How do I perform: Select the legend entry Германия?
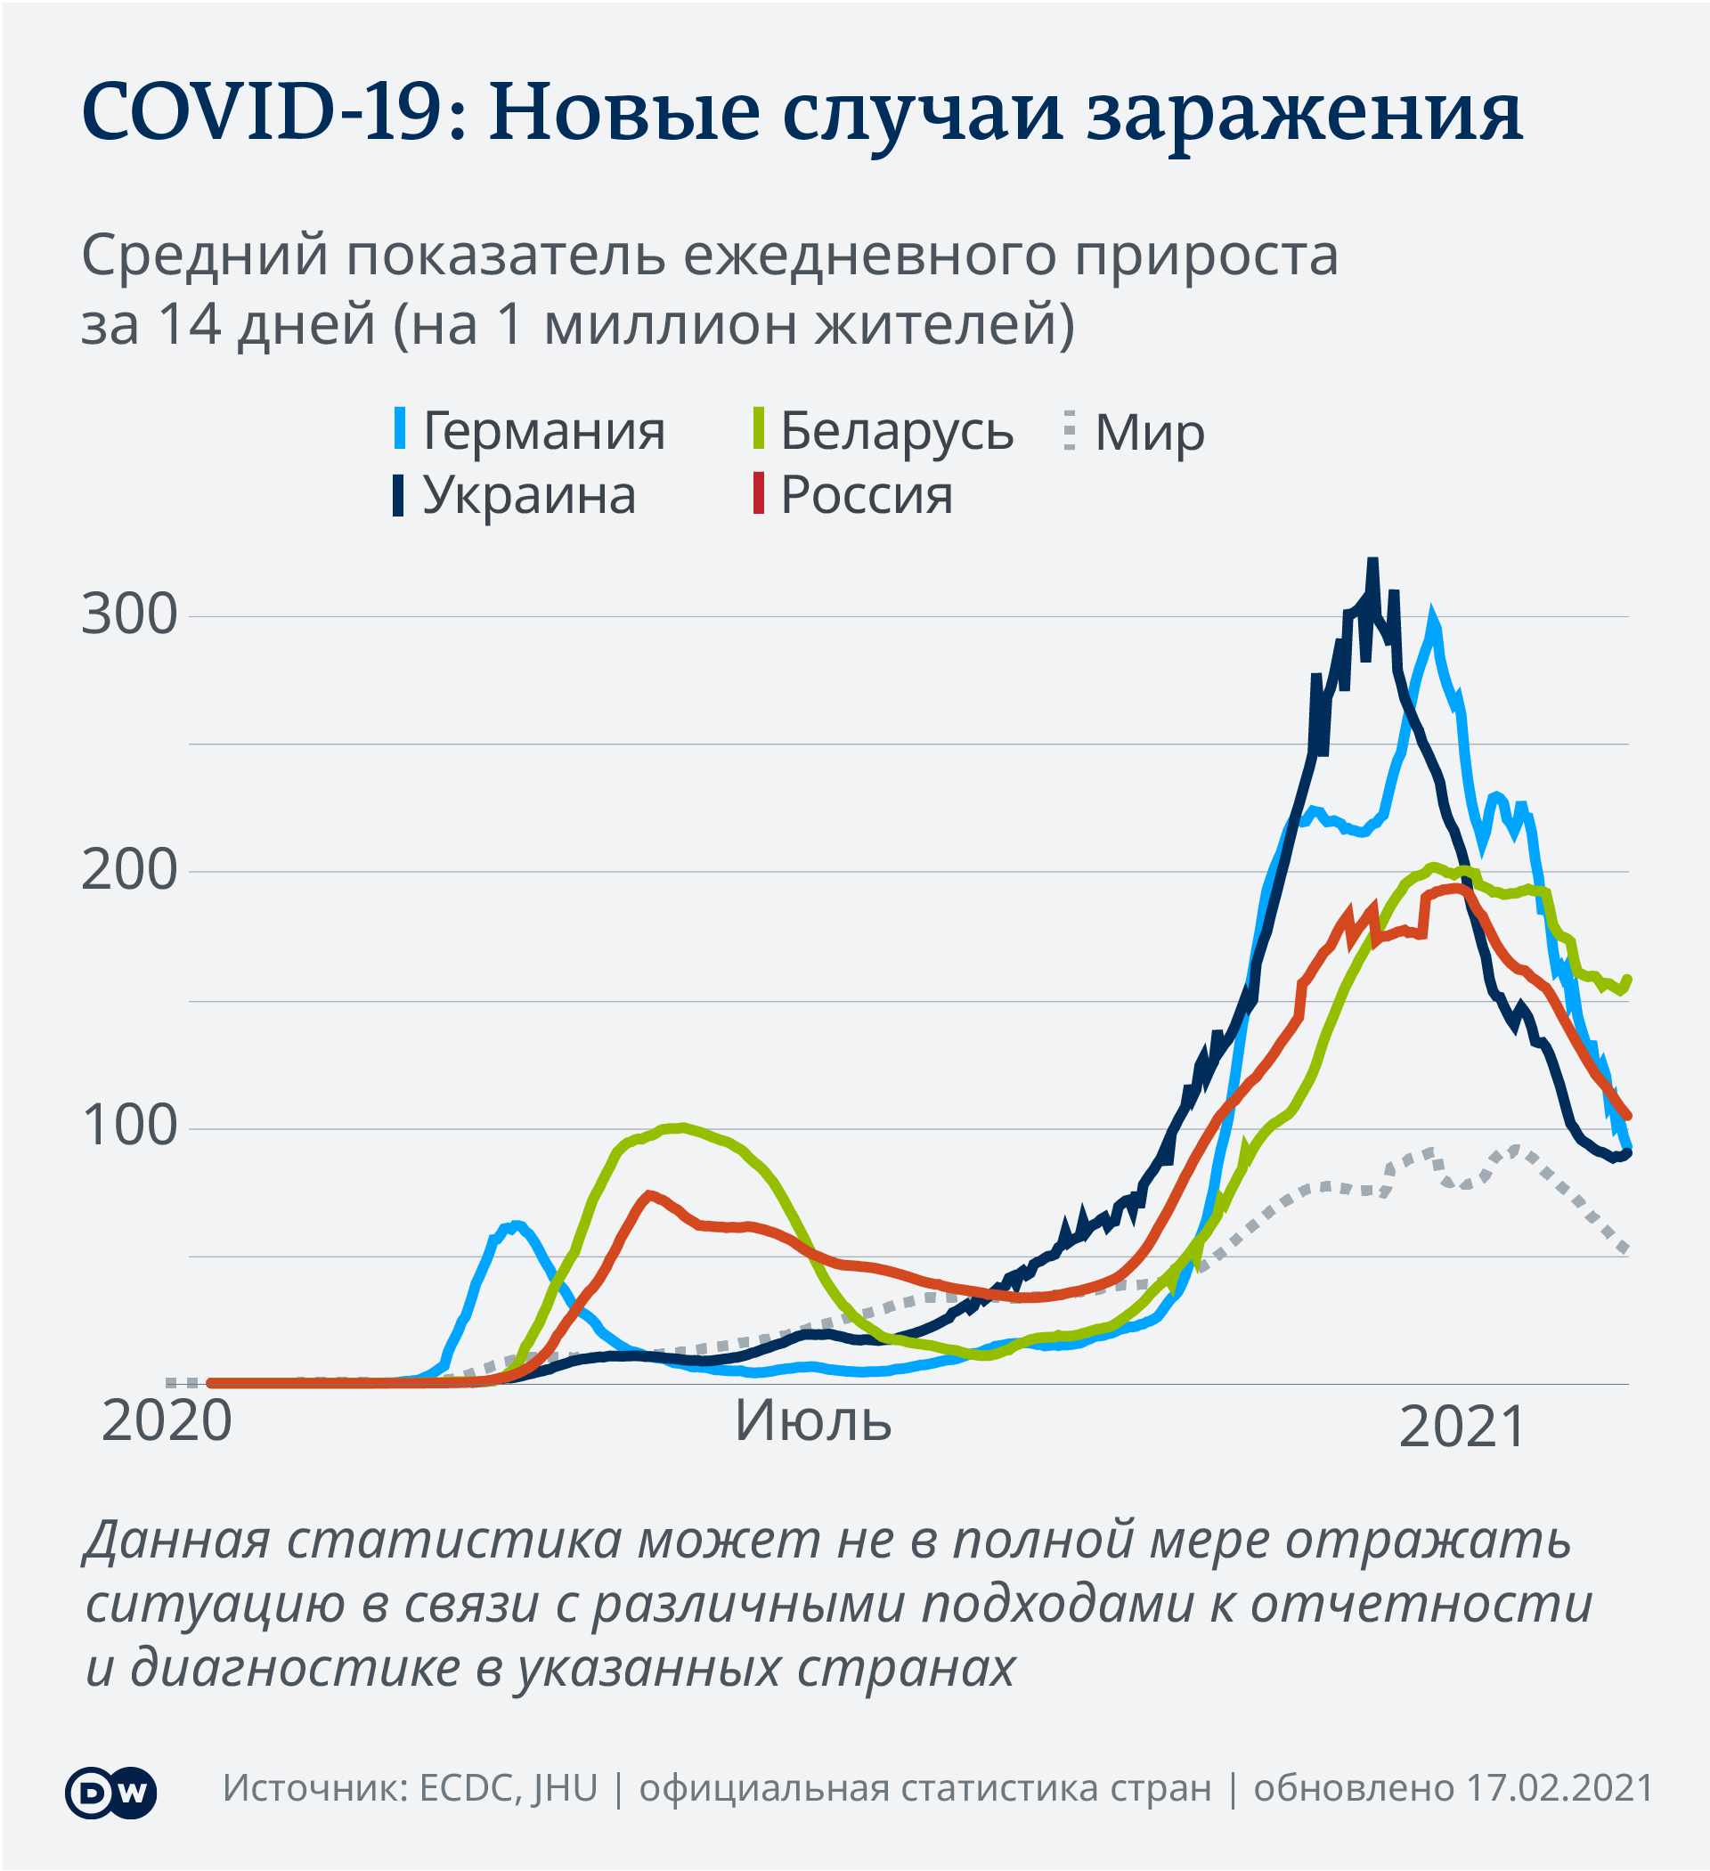tap(543, 431)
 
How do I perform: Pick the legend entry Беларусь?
tap(896, 431)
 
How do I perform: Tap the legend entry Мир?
tap(1148, 433)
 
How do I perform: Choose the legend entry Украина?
tap(528, 494)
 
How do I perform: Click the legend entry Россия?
tap(865, 494)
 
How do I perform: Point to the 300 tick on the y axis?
tap(129, 614)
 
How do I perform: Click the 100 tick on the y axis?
tap(129, 1127)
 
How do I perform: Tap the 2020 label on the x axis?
tap(167, 1421)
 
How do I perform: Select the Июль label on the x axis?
tap(812, 1421)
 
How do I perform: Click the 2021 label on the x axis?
tap(1462, 1428)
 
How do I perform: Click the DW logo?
tap(110, 1792)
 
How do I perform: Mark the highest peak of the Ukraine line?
tap(1372, 563)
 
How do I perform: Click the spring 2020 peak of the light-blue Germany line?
tap(517, 1225)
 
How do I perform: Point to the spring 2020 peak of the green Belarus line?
tap(682, 1127)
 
